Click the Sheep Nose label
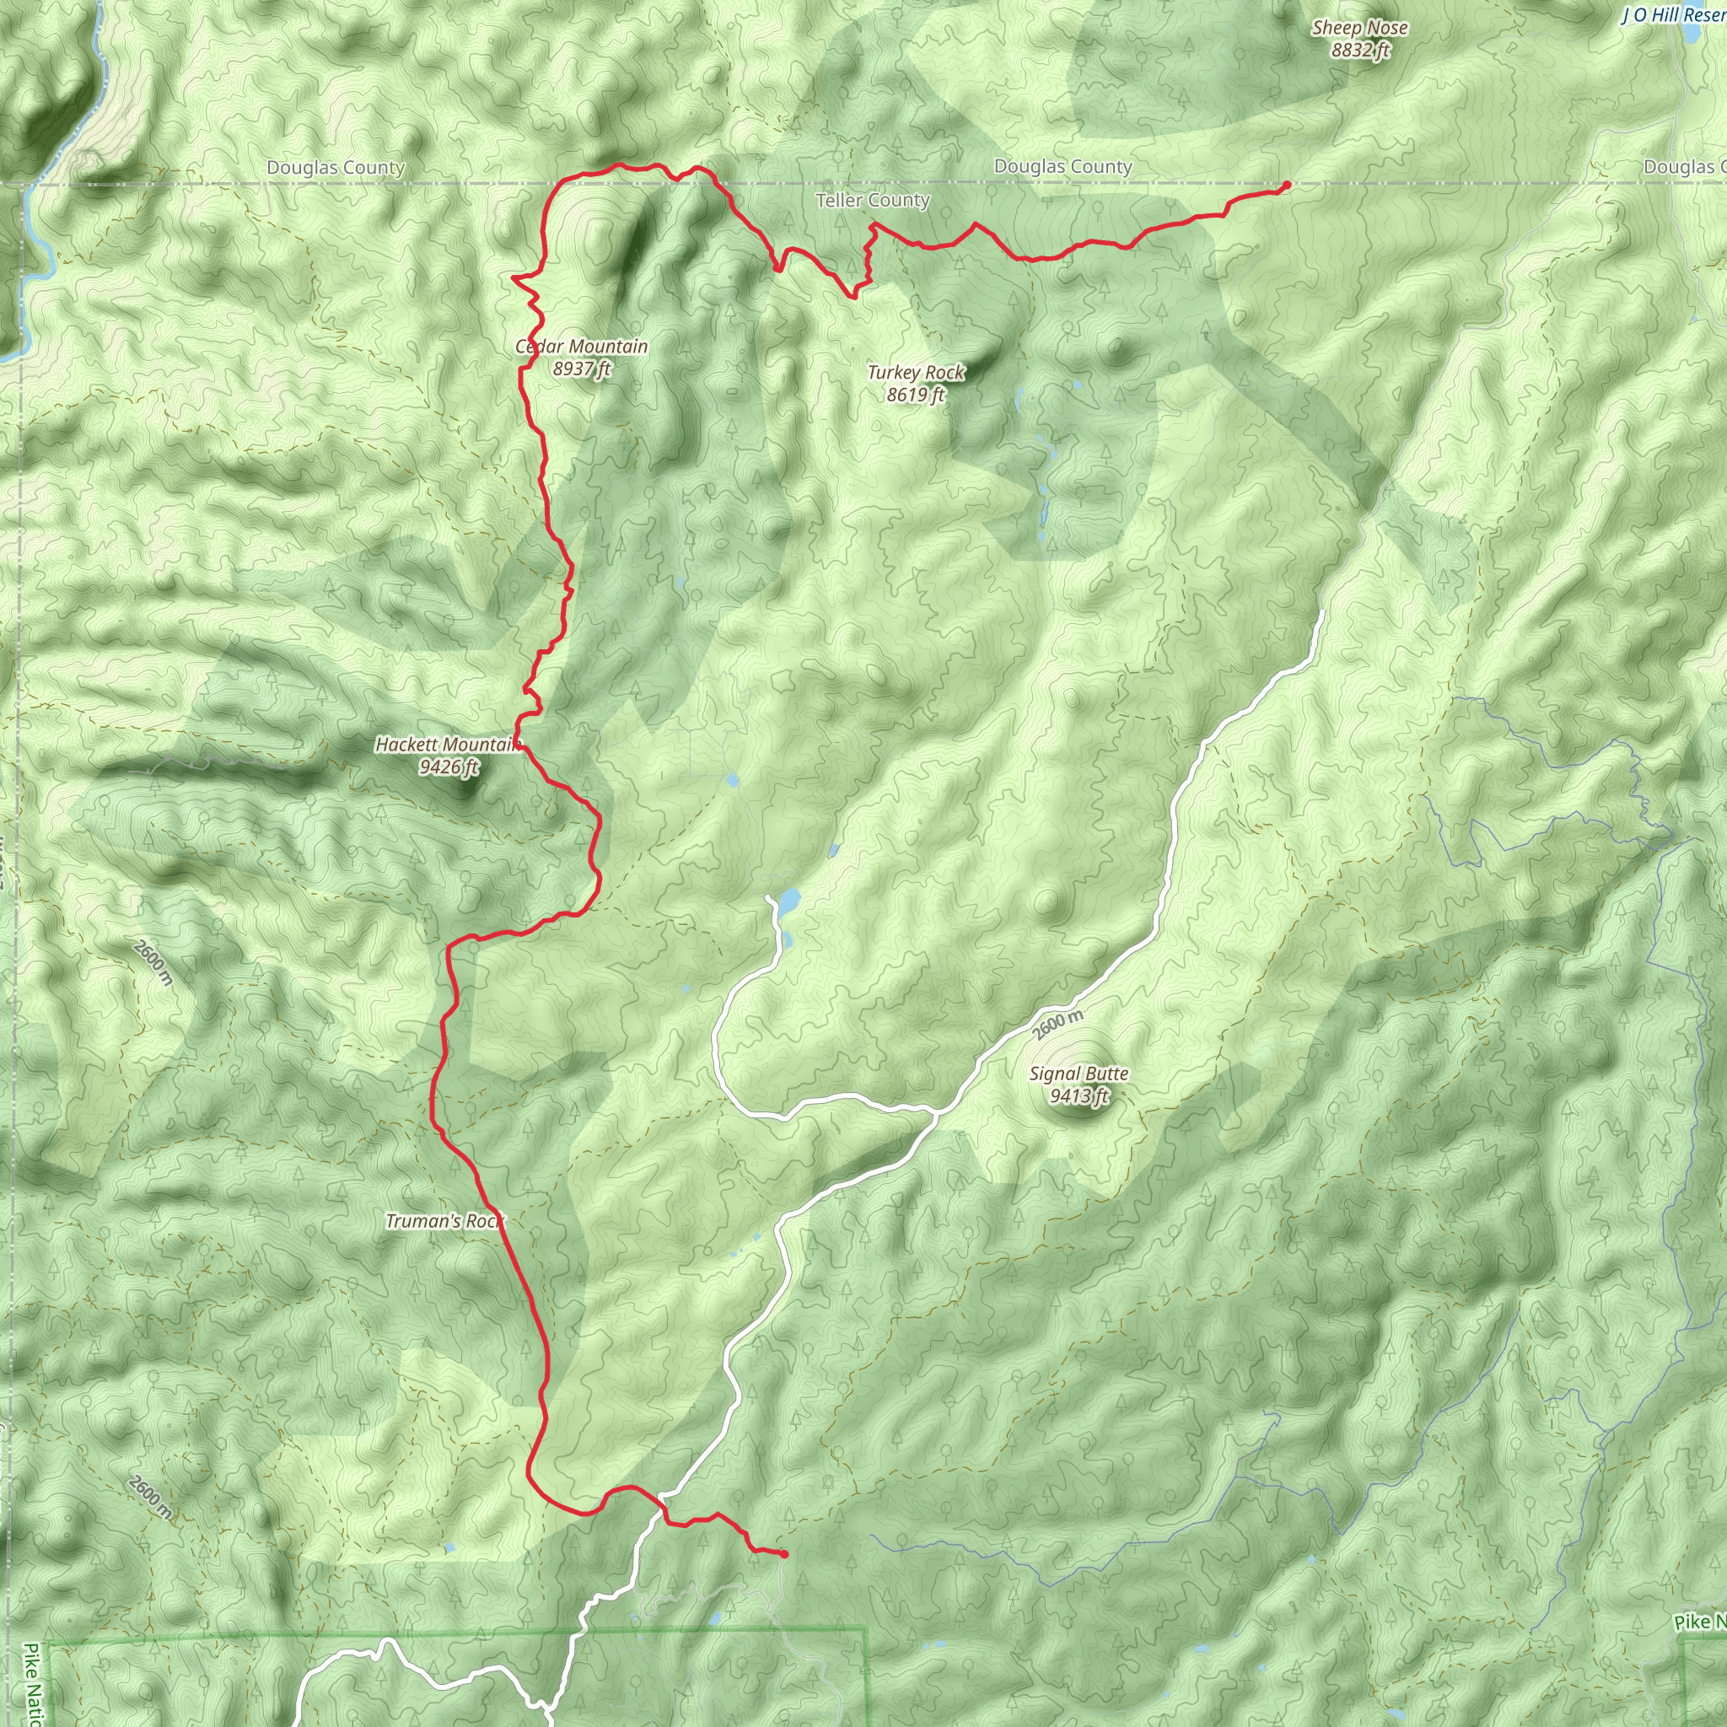(x=1359, y=28)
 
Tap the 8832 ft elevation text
(x=1359, y=50)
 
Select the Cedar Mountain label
(x=582, y=346)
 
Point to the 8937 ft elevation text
(x=582, y=369)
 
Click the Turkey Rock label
(x=917, y=372)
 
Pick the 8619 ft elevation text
(x=917, y=394)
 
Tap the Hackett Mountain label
(x=448, y=745)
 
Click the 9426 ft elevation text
(x=449, y=767)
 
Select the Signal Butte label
(x=1079, y=1073)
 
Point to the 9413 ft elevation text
(x=1079, y=1096)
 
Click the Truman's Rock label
(x=444, y=1221)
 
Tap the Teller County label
(x=873, y=200)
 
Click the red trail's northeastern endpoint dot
(x=1286, y=185)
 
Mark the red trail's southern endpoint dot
(x=784, y=1554)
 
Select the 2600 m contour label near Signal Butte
(x=1057, y=1025)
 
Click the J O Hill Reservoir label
(x=1673, y=15)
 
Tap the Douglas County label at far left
(x=336, y=167)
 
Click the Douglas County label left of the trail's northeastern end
(x=1063, y=166)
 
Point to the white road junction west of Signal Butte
(x=933, y=1112)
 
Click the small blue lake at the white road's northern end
(x=788, y=901)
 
